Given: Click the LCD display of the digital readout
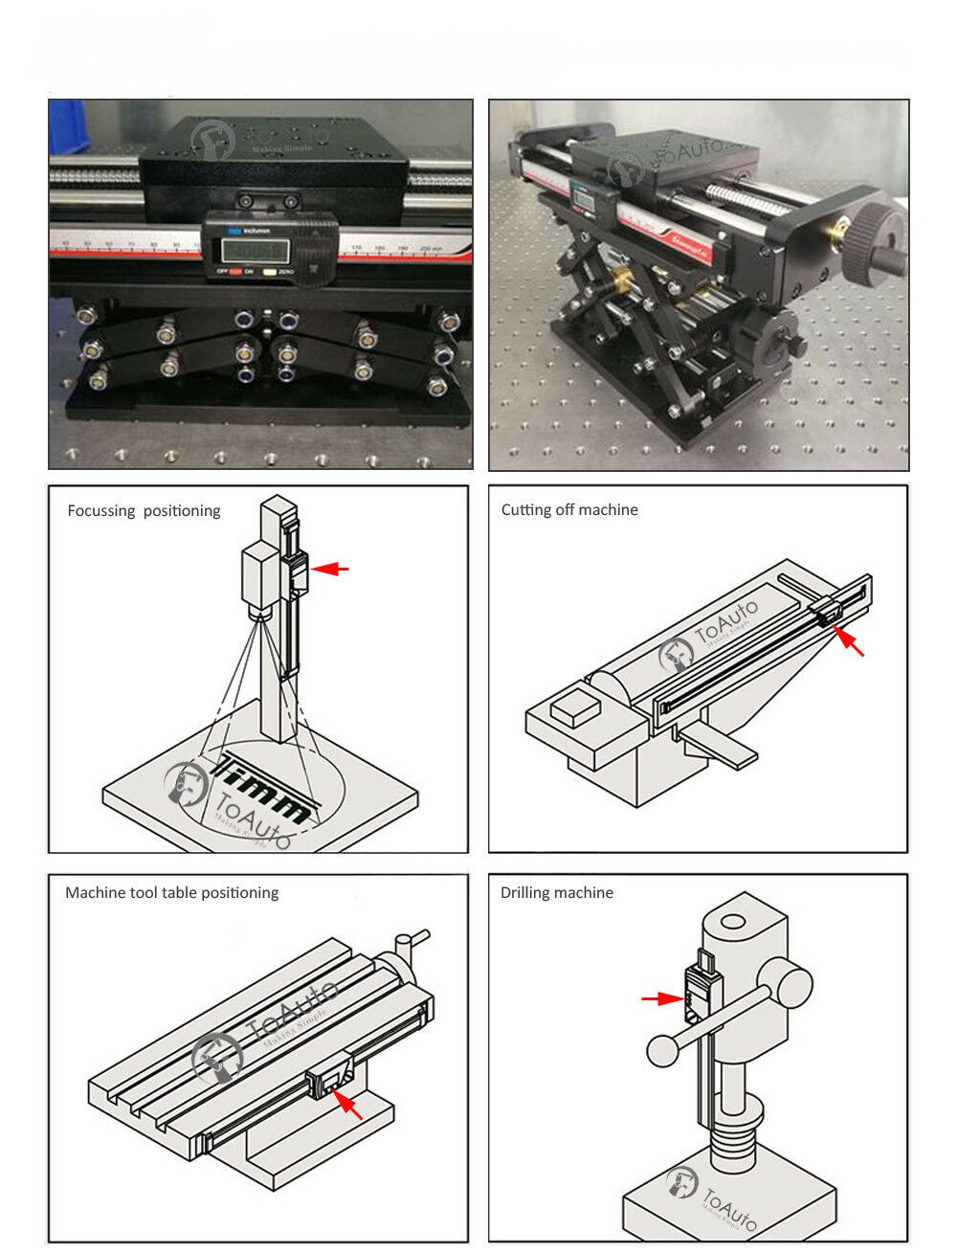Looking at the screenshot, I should [x=255, y=250].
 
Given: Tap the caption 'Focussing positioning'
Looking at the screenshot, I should [x=144, y=511].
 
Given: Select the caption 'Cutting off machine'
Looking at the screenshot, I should [x=569, y=510].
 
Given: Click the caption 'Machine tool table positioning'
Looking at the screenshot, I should [x=171, y=893].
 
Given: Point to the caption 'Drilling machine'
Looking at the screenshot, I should [x=557, y=893].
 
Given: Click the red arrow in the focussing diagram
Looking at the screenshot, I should [x=332, y=569].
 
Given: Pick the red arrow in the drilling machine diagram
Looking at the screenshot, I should [x=661, y=998].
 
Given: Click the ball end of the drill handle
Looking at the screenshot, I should [x=662, y=1050].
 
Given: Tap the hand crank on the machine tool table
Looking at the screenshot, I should [x=410, y=942].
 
